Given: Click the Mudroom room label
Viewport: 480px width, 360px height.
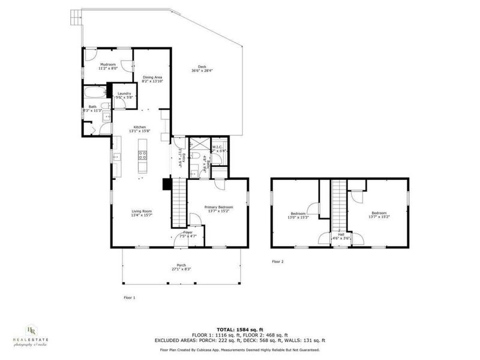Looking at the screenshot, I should (x=108, y=64).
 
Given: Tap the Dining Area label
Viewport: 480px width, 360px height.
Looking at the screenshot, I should (x=152, y=77).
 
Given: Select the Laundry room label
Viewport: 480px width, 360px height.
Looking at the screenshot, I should (x=124, y=93).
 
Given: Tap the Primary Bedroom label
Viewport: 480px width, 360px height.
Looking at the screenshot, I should (x=218, y=207).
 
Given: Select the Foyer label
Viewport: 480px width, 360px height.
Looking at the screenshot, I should (x=188, y=232).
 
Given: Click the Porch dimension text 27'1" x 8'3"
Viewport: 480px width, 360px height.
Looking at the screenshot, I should (x=181, y=269).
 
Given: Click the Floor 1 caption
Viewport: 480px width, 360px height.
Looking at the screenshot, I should (x=130, y=297).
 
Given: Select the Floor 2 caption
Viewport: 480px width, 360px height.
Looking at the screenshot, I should (x=278, y=262).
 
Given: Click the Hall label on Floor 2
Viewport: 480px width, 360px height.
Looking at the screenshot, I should (x=341, y=235).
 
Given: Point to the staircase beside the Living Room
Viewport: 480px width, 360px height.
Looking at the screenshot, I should (x=178, y=204).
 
